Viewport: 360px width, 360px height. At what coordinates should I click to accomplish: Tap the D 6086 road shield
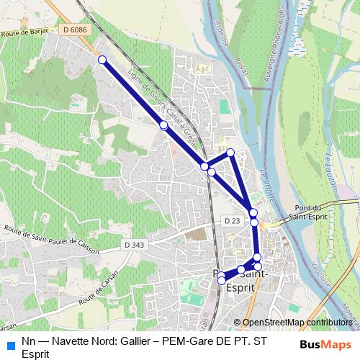[74, 30]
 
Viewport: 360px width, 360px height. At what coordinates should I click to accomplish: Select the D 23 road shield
[231, 220]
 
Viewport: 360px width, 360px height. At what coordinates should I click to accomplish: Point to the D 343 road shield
[134, 246]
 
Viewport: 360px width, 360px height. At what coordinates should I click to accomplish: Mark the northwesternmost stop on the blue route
[102, 60]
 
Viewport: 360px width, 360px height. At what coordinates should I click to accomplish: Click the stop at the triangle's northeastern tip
[230, 152]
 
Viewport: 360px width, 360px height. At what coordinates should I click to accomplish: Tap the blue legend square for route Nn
[10, 344]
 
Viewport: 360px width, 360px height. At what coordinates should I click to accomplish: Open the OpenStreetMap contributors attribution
[297, 323]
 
